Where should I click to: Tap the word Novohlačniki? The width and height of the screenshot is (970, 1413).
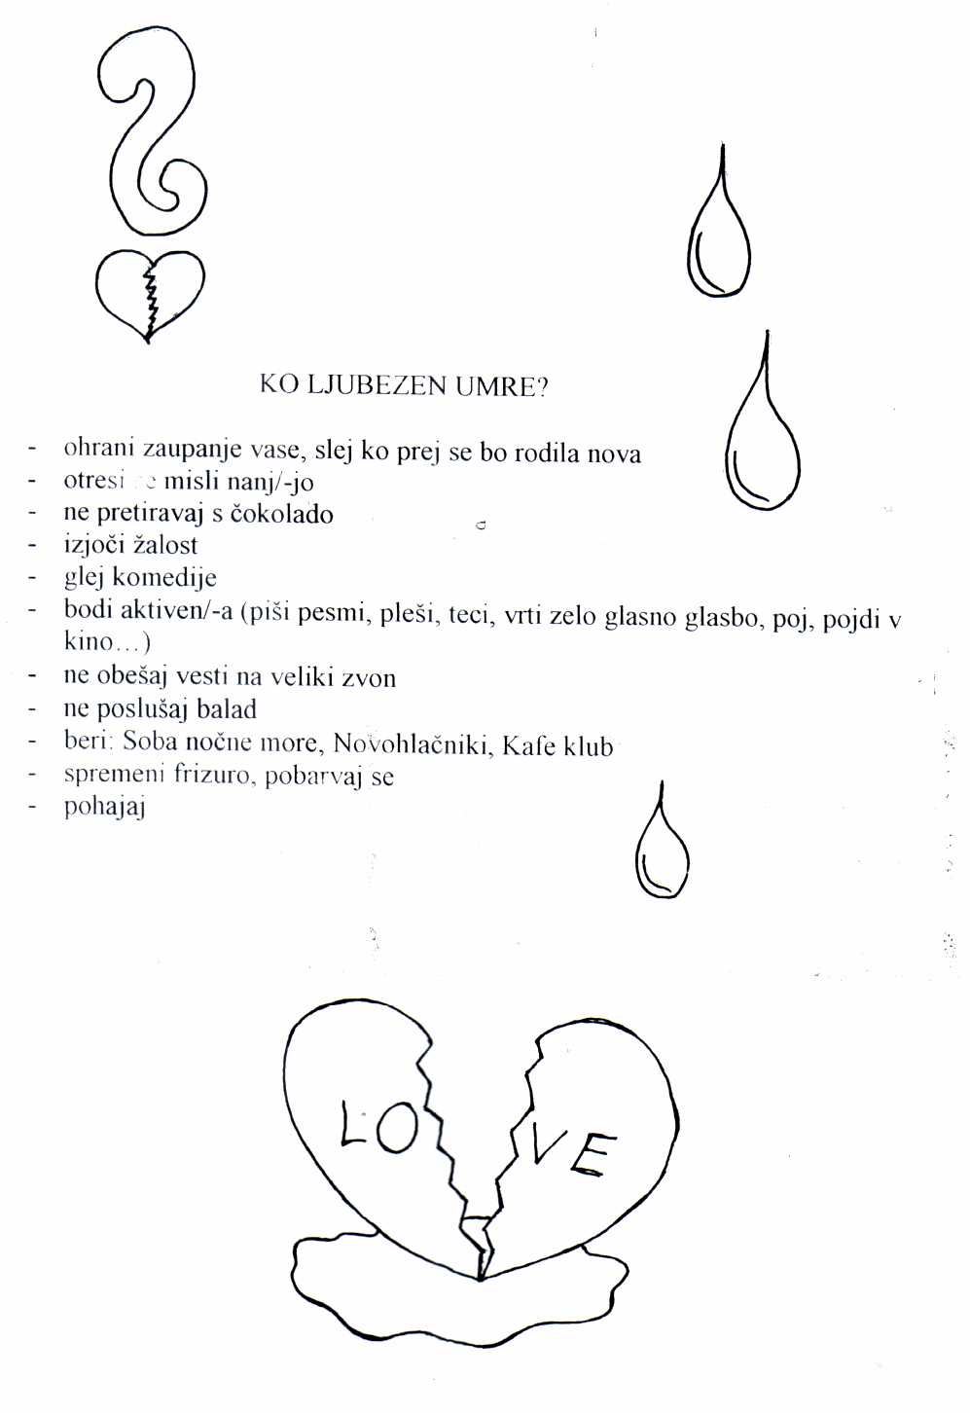[x=414, y=744]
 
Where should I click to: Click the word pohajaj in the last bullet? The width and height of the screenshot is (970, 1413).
[x=104, y=808]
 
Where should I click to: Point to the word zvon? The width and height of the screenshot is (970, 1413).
[x=368, y=677]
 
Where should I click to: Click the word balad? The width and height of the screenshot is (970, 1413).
[x=227, y=709]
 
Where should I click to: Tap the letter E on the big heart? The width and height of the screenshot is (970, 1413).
[x=591, y=1155]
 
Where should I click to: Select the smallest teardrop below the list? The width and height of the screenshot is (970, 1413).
[x=662, y=849]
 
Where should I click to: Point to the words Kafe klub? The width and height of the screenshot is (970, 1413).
[x=557, y=745]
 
